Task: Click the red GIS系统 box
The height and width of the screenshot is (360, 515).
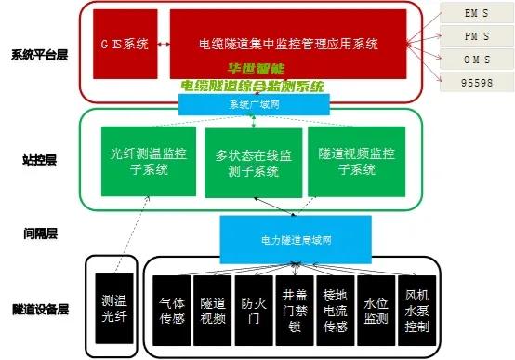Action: (124, 44)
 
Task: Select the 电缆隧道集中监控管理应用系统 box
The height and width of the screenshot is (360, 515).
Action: (288, 44)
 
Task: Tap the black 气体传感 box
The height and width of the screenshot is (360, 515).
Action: (173, 310)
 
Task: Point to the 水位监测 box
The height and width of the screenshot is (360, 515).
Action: (374, 310)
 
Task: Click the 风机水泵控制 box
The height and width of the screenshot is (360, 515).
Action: (415, 310)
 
